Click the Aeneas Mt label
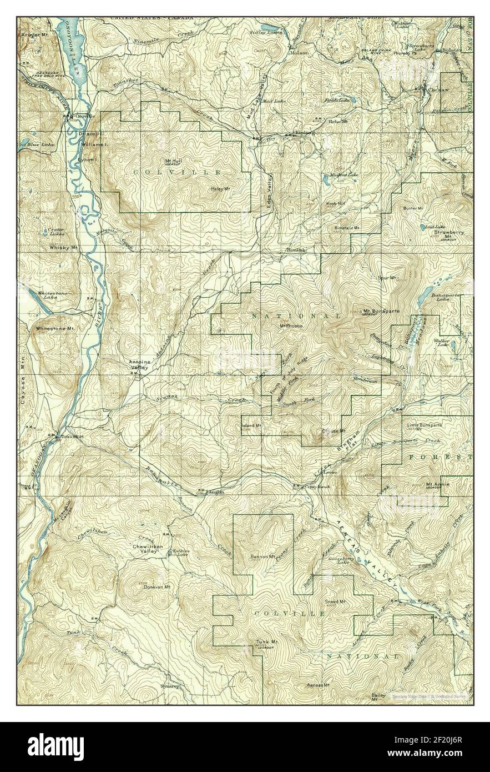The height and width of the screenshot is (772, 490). pyautogui.click(x=319, y=684)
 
